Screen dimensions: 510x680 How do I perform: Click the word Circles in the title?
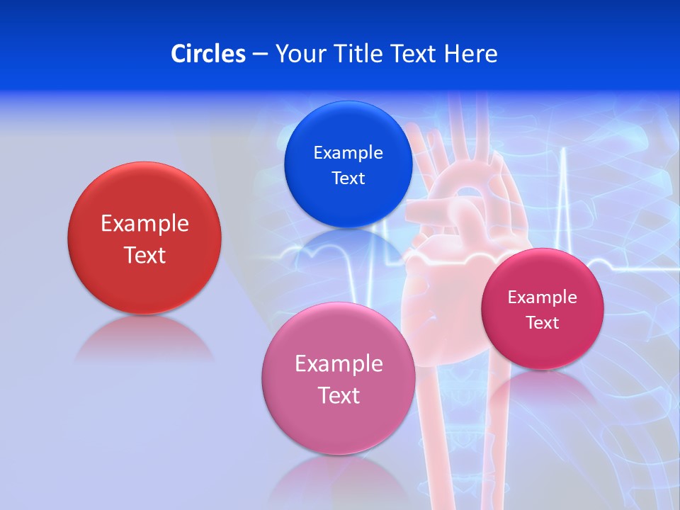[x=208, y=54]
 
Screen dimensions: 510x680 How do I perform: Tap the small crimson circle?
[x=542, y=347]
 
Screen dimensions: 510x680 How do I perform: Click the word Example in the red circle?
[x=144, y=224]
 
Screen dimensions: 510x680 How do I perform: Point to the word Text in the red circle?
[x=144, y=255]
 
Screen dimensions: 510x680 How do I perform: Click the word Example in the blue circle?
[x=348, y=153]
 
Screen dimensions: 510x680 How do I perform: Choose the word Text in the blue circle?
[x=348, y=178]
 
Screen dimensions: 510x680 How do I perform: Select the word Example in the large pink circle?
[x=339, y=364]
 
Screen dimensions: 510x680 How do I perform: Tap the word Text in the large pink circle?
[x=339, y=395]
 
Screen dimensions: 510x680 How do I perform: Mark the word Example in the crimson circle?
[x=542, y=297]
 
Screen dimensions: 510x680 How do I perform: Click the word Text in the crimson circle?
[x=543, y=323]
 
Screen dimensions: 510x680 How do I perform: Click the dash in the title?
[x=260, y=55]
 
